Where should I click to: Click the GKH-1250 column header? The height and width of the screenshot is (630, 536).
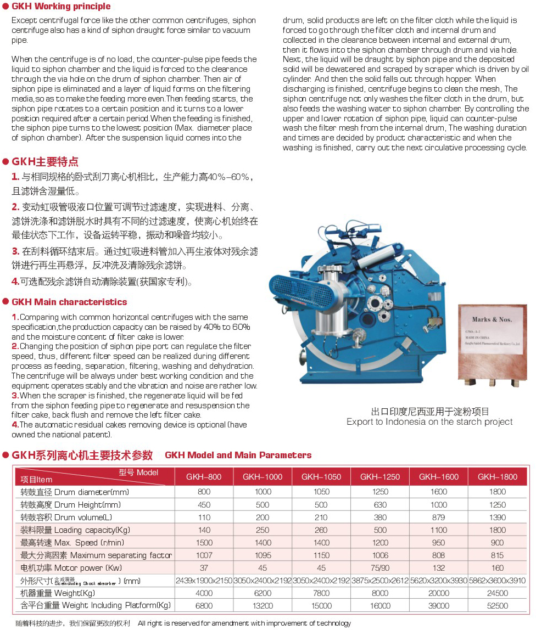(380, 477)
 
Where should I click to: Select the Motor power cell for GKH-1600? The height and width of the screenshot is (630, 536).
(439, 568)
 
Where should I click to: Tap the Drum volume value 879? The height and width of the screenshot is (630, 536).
(439, 517)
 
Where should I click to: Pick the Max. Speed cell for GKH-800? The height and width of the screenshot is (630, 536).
(204, 543)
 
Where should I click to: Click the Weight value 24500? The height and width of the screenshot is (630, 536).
(498, 593)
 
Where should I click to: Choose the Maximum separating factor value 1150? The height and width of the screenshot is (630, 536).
(321, 555)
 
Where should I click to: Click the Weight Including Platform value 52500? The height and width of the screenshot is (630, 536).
(498, 606)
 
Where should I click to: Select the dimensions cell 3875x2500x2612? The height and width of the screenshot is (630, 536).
(380, 581)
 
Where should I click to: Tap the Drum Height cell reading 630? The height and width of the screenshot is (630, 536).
(380, 505)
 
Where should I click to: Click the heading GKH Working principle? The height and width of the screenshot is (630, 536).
(61, 7)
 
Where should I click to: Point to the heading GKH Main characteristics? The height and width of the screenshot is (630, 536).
(69, 302)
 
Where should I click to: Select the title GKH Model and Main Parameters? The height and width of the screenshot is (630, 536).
(238, 455)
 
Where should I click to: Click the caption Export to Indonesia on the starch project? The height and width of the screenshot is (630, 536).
(429, 421)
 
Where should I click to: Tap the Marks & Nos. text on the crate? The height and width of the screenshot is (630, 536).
(492, 319)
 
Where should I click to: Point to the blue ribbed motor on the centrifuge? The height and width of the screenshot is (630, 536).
(294, 290)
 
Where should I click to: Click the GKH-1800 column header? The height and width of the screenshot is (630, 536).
(498, 477)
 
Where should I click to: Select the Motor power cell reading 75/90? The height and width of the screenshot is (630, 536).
(380, 568)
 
